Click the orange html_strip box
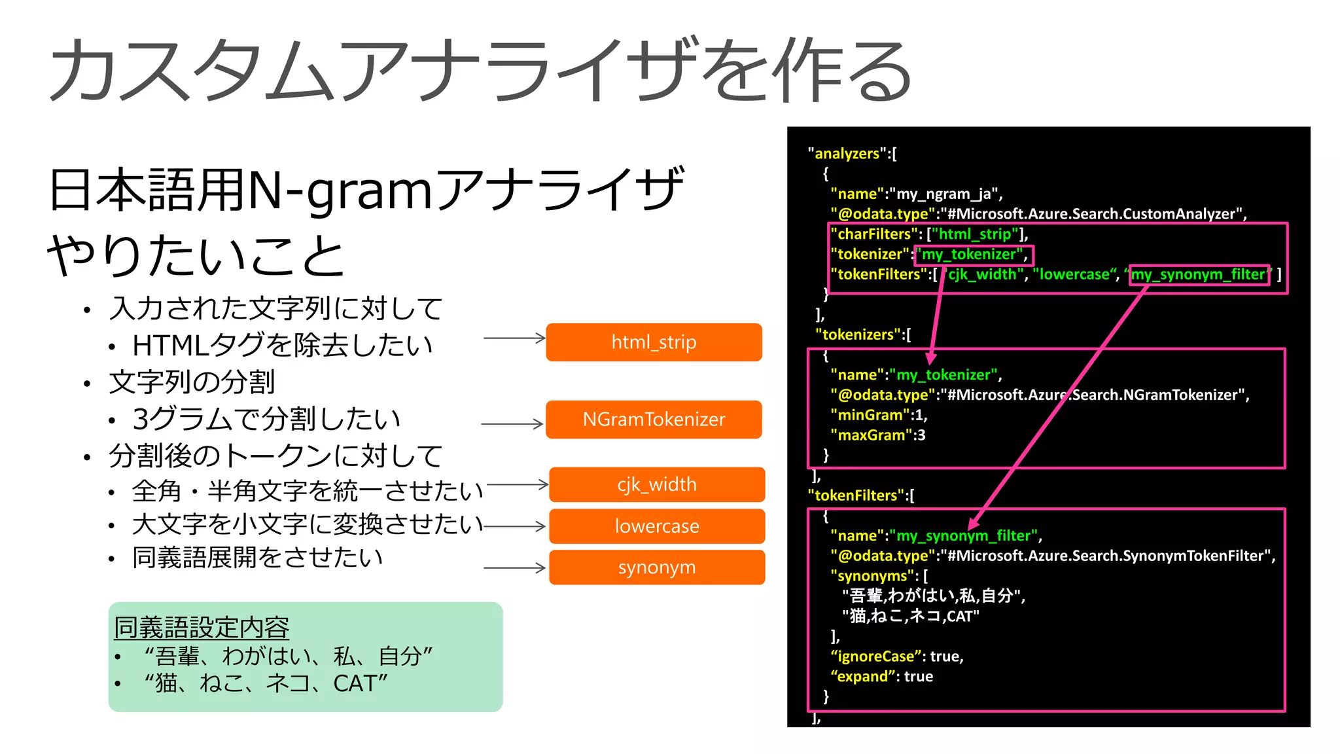pos(654,342)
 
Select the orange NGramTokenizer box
pos(654,420)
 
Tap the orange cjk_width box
pos(657,484)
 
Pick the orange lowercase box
pos(657,526)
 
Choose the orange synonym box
pos(657,567)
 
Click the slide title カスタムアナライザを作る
pos(481,71)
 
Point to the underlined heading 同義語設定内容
pos(202,627)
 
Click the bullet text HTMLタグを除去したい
pos(282,345)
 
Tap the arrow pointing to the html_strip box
pos(514,338)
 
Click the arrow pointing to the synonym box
pos(514,568)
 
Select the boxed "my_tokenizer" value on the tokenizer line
pos(973,255)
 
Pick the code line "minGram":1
pos(878,415)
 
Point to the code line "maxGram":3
pos(877,435)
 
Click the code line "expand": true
pos(881,677)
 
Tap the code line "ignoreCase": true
pos(896,656)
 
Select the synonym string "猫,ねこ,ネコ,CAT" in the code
pos(910,616)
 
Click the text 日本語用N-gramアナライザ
pos(366,190)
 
